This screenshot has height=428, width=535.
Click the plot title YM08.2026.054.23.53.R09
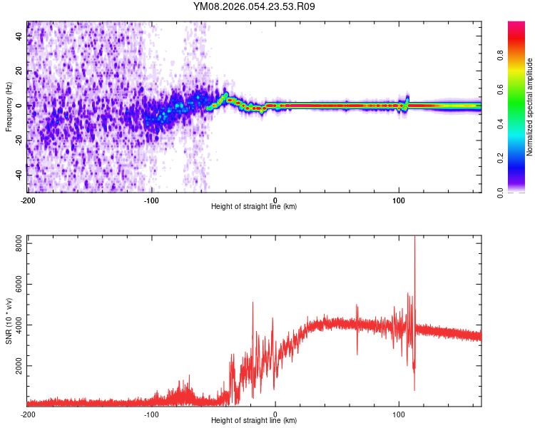click(x=254, y=6)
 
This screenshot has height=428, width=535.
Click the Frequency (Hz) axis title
click(x=9, y=106)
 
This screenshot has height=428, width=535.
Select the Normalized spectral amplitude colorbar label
click(x=529, y=107)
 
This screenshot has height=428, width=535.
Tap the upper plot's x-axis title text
click(x=254, y=207)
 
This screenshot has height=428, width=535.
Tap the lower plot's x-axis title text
click(x=254, y=421)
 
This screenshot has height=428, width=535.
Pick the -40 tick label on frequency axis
click(x=18, y=175)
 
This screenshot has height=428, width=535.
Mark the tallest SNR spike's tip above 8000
click(x=414, y=238)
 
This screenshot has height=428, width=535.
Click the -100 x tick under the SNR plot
click(x=151, y=414)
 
